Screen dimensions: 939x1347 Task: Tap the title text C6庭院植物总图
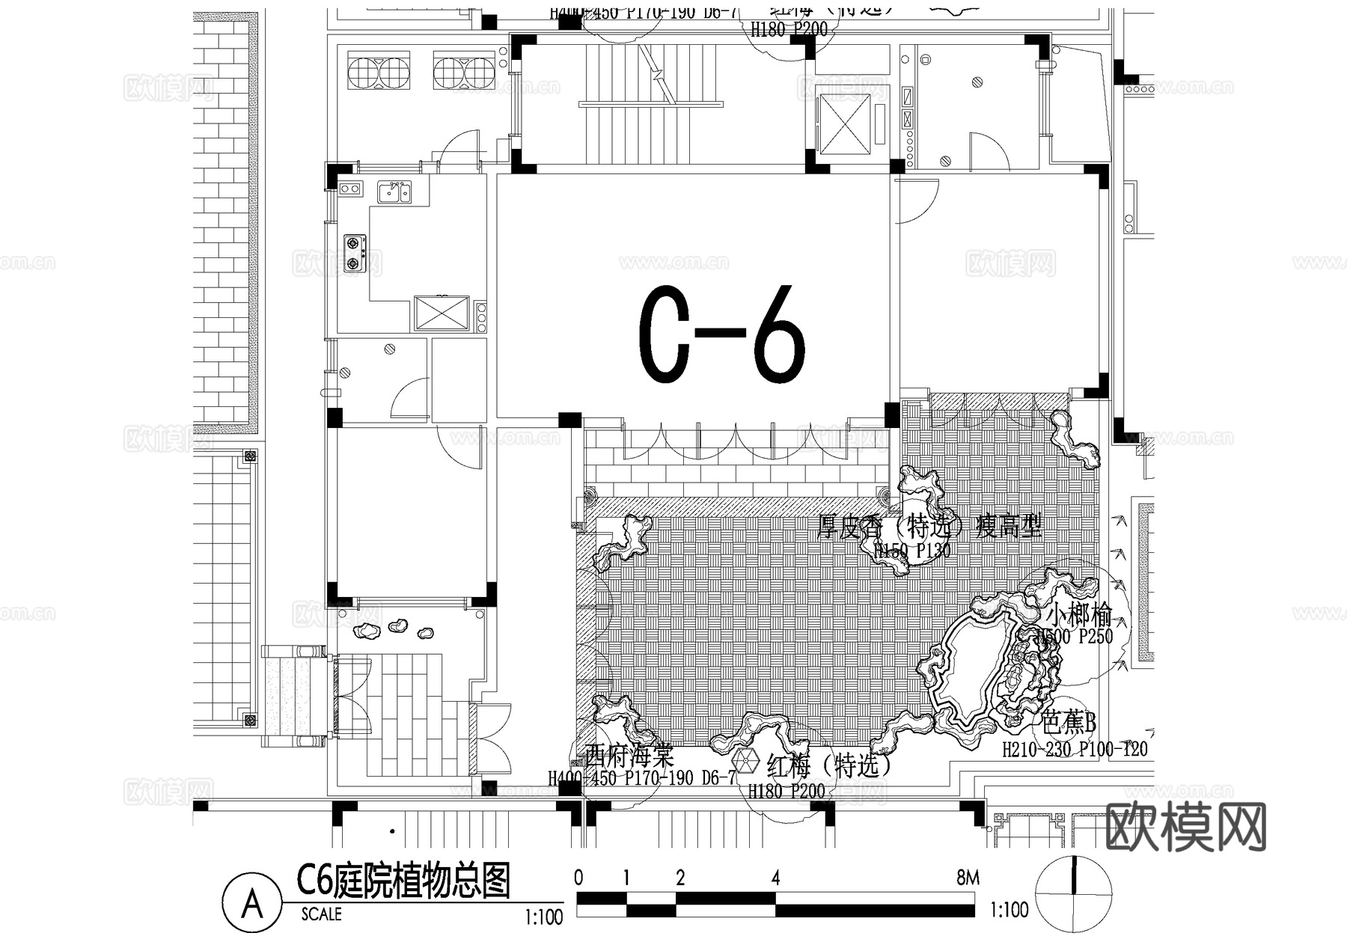(x=403, y=881)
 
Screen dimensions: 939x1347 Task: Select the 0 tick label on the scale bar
(x=578, y=878)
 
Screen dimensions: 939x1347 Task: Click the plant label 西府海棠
(x=630, y=754)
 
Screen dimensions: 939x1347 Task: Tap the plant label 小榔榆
(x=1078, y=616)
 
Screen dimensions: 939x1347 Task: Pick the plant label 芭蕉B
(x=1069, y=724)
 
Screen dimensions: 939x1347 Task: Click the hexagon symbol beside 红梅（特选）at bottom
(x=745, y=762)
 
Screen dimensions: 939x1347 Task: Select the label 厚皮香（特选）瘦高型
(x=929, y=527)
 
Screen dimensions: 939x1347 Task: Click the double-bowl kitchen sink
(x=394, y=192)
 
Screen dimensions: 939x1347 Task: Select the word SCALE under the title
(x=321, y=914)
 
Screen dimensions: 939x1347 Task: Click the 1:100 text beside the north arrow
(x=1009, y=910)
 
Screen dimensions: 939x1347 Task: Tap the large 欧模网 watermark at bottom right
(x=1185, y=828)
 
